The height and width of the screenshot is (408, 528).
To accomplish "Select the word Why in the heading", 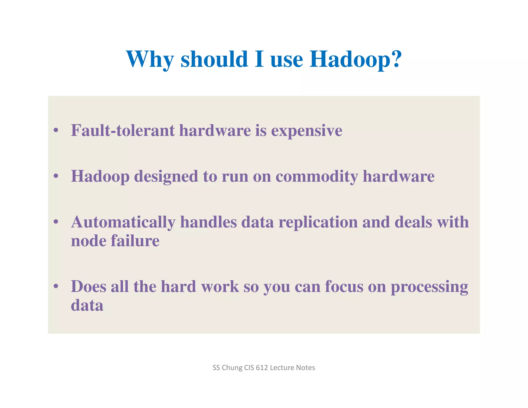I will pos(150,59).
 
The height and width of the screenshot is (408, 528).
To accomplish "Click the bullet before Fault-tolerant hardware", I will pos(56,130).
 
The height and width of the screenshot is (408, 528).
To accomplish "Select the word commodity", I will pos(317,176).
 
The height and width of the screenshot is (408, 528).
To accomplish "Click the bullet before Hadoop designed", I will pos(56,176).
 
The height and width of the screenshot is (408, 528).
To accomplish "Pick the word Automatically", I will pos(123,222).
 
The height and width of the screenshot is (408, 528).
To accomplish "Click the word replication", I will pos(318,222).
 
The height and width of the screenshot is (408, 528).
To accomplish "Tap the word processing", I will pos(429,287).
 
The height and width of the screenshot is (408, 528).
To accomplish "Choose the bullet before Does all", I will pos(56,286).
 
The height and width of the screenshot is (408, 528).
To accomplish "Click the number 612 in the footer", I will pos(262,368).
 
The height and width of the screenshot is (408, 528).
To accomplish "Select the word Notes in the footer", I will pos(307,368).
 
